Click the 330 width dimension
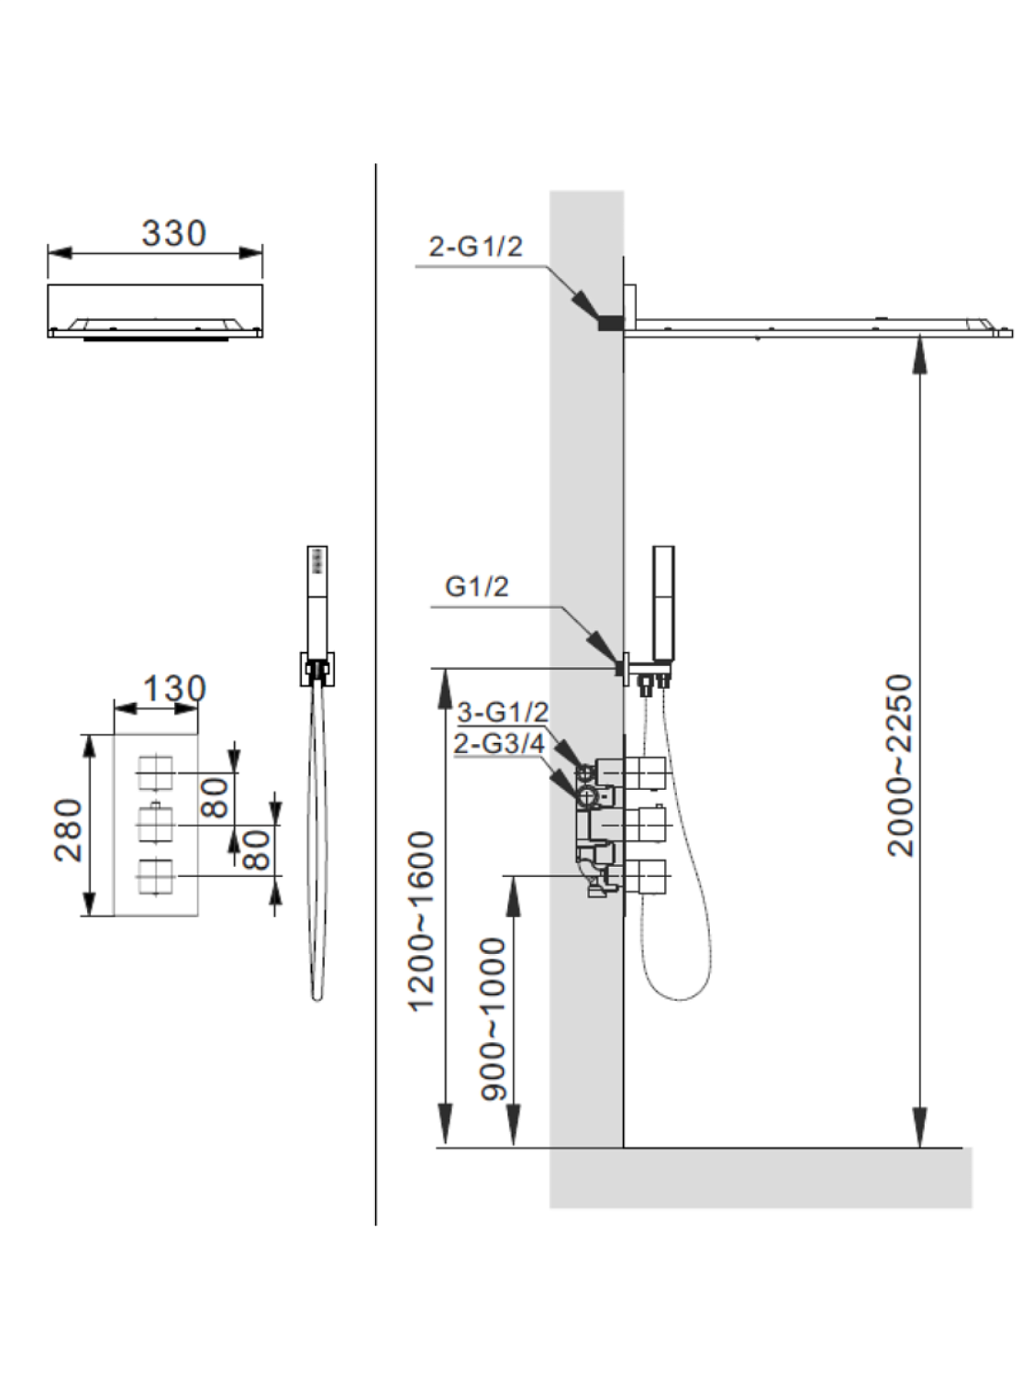pyautogui.click(x=173, y=234)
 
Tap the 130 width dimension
pyautogui.click(x=173, y=689)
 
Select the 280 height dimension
pyautogui.click(x=69, y=829)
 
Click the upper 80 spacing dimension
pyautogui.click(x=215, y=797)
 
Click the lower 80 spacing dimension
pyautogui.click(x=258, y=849)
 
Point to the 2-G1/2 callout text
pyautogui.click(x=475, y=247)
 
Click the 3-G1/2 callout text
pyautogui.click(x=502, y=712)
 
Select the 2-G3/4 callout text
pyautogui.click(x=498, y=743)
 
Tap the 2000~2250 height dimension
pyautogui.click(x=901, y=765)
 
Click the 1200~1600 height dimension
pyautogui.click(x=420, y=921)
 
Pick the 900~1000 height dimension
pyautogui.click(x=494, y=1018)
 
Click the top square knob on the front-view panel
pyautogui.click(x=155, y=774)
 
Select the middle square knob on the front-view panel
pyautogui.click(x=155, y=825)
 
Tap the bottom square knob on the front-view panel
pyautogui.click(x=155, y=876)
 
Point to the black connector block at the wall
pyautogui.click(x=610, y=322)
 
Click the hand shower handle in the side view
pyautogui.click(x=663, y=601)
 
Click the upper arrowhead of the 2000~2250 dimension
pyautogui.click(x=920, y=353)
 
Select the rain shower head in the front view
pyautogui.click(x=155, y=312)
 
